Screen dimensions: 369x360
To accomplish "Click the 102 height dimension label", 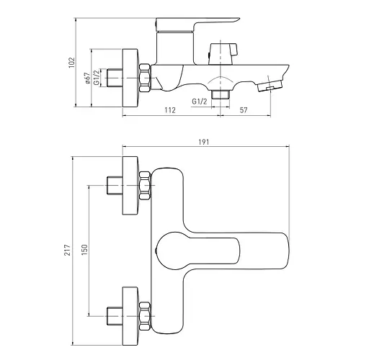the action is [x=72, y=63].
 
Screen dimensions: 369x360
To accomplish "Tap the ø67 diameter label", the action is [x=88, y=78].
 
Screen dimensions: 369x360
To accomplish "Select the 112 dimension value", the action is [x=170, y=110].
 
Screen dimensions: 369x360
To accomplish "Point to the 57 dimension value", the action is [x=244, y=110].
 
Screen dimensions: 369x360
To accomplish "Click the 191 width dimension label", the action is [x=204, y=142].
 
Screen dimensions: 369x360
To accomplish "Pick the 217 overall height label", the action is [x=68, y=250].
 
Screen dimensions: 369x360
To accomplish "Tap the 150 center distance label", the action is [x=84, y=250].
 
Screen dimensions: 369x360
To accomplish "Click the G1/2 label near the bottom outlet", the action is [x=200, y=102].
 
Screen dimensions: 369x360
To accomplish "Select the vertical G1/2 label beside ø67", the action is [x=97, y=77].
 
